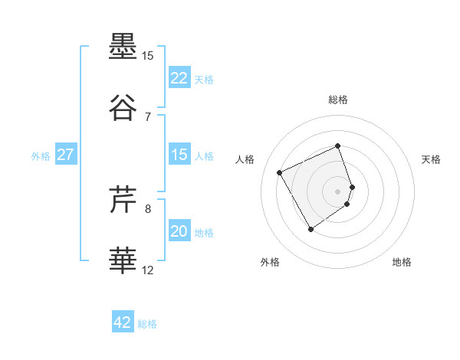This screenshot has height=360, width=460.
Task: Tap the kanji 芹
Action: pyautogui.click(x=123, y=201)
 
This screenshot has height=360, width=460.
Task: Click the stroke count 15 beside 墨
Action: pyautogui.click(x=148, y=56)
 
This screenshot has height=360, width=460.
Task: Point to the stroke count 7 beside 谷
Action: pyautogui.click(x=148, y=117)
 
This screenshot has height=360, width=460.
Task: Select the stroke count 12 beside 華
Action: pyautogui.click(x=148, y=270)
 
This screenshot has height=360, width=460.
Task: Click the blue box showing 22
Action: pyautogui.click(x=179, y=78)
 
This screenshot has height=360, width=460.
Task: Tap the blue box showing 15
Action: pyautogui.click(x=179, y=155)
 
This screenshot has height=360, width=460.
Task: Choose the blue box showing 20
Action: pyautogui.click(x=179, y=232)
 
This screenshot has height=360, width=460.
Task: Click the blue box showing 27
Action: pyautogui.click(x=66, y=155)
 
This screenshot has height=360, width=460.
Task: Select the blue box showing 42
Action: pyautogui.click(x=123, y=322)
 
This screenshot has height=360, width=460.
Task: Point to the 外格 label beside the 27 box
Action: pyautogui.click(x=41, y=156)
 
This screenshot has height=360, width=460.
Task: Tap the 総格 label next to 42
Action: pyautogui.click(x=147, y=324)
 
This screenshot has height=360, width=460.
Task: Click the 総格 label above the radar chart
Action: pyautogui.click(x=338, y=100)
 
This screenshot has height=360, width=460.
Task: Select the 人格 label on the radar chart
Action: pyautogui.click(x=245, y=159)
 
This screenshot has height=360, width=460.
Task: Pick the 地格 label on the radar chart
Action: pyautogui.click(x=402, y=262)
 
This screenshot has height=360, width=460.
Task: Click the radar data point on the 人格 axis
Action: pyautogui.click(x=281, y=172)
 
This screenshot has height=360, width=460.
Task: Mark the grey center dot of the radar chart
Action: pyautogui.click(x=338, y=191)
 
